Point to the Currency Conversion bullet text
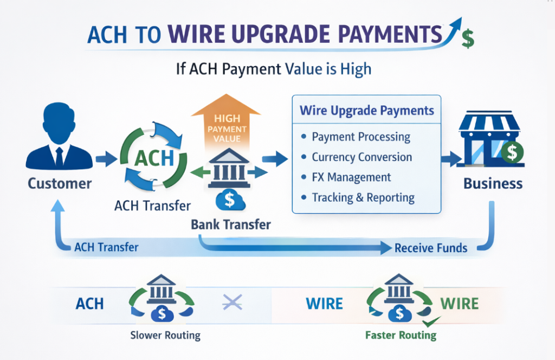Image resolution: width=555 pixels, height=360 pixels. point(362,157)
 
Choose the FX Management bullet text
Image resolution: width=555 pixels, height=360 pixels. point(351,177)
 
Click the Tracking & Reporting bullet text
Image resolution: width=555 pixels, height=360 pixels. point(363,197)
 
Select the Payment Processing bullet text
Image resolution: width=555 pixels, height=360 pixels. point(361,137)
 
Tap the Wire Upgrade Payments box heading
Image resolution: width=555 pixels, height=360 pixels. point(367,111)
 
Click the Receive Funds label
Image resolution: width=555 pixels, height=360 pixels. point(430,248)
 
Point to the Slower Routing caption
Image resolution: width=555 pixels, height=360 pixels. point(165,335)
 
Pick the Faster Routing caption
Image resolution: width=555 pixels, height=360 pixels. point(401,335)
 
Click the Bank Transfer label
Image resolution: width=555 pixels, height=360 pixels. point(231,224)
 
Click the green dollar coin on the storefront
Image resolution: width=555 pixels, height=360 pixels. point(512,152)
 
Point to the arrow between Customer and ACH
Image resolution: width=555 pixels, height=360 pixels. point(106,159)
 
